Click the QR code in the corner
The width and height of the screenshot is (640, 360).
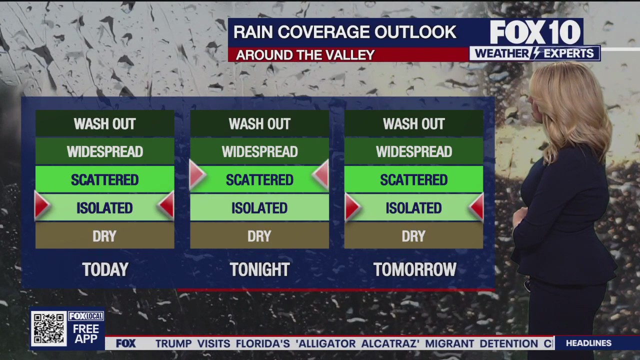coord(48,328)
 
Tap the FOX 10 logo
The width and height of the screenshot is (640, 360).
coord(535,32)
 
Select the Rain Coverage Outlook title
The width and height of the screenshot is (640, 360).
coord(345,32)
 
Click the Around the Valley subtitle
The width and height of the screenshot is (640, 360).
coord(305,55)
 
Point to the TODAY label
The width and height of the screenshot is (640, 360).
coord(105,270)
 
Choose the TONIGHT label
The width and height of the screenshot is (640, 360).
coord(259,270)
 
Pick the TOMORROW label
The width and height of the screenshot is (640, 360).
coord(414,270)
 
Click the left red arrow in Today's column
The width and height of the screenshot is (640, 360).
coord(42,205)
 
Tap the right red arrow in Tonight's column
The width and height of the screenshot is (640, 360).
coord(321,174)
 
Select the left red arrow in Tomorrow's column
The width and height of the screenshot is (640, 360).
coord(352,206)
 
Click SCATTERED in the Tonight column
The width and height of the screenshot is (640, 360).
coord(259,180)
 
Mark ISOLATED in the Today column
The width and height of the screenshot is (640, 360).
coord(104,208)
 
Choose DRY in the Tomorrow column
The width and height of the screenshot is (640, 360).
coord(413,236)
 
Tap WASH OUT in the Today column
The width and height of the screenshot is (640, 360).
coord(104,124)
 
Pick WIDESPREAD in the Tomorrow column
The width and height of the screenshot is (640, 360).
coord(413,151)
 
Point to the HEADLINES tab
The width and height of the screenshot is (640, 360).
coord(588,343)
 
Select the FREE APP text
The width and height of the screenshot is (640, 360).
coord(86,333)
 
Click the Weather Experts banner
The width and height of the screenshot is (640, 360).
coord(534,53)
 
